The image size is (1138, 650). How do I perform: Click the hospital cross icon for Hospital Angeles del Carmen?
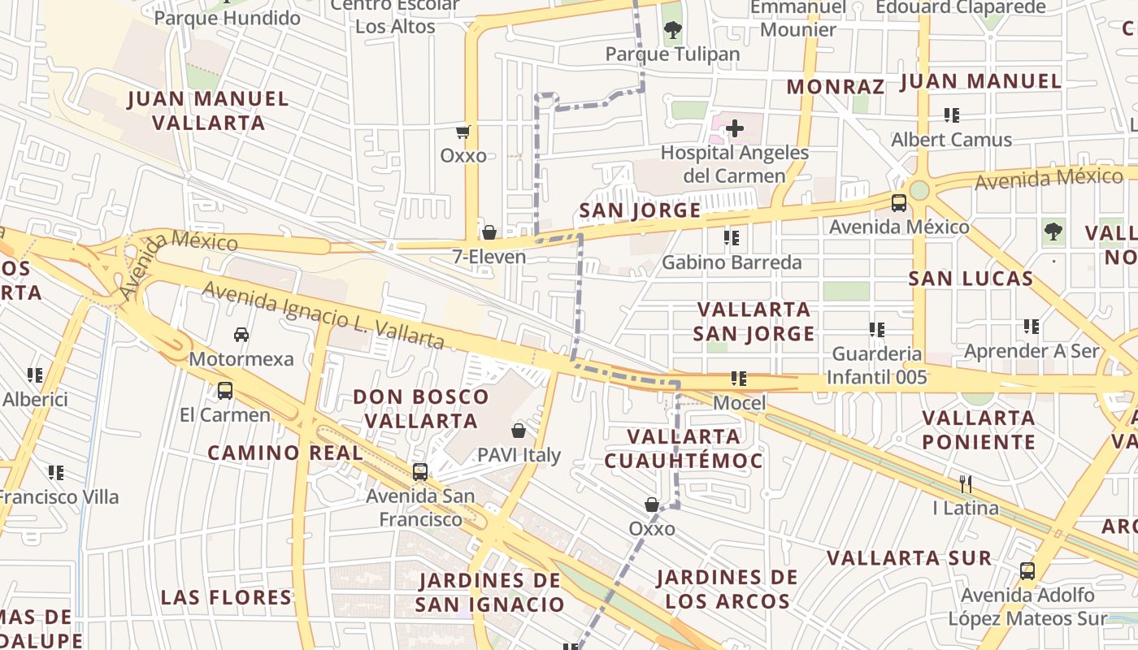click(735, 128)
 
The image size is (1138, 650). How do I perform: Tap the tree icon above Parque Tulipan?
click(672, 31)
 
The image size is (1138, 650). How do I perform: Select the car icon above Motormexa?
click(241, 335)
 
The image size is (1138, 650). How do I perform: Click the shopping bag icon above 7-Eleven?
click(489, 232)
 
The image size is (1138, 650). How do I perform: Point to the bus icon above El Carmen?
click(225, 391)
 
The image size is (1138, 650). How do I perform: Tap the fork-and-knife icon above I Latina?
click(966, 484)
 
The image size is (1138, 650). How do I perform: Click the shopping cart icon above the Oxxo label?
click(463, 132)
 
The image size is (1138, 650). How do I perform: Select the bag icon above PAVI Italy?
click(519, 431)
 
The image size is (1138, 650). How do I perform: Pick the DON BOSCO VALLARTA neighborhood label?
click(421, 409)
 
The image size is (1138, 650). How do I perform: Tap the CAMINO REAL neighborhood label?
click(285, 453)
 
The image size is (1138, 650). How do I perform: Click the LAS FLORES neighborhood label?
click(227, 597)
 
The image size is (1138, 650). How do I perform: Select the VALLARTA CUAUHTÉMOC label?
click(684, 448)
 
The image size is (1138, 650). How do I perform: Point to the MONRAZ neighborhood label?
click(836, 86)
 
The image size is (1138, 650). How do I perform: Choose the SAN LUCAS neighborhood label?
click(971, 279)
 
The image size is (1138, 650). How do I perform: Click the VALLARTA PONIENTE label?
click(979, 430)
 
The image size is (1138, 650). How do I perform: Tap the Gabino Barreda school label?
click(732, 262)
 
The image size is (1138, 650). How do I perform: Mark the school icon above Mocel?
click(738, 379)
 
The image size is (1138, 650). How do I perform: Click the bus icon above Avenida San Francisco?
click(420, 471)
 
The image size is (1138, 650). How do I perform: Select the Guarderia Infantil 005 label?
click(876, 366)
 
